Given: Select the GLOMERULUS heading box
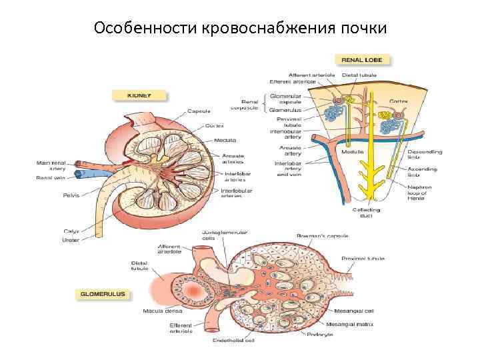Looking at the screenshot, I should pyautogui.click(x=103, y=293).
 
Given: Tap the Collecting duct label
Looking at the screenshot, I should pyautogui.click(x=366, y=213).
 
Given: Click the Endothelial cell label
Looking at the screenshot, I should pyautogui.click(x=233, y=341).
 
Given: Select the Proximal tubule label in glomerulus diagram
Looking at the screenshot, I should pyautogui.click(x=359, y=258).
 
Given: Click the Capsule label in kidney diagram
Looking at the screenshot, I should pyautogui.click(x=199, y=111).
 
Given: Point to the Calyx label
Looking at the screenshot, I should pyautogui.click(x=71, y=231).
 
